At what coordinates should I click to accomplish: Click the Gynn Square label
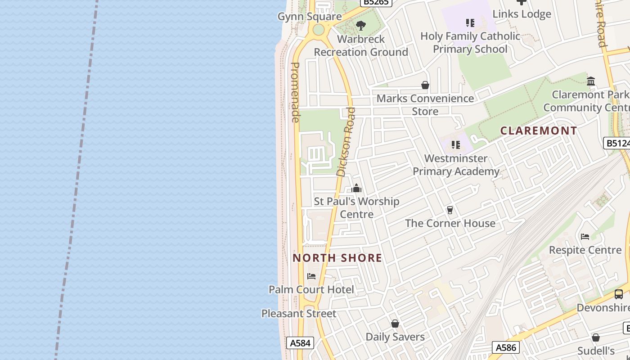point(310,17)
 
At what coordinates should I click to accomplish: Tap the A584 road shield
point(300,343)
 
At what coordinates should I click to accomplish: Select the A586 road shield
point(506,347)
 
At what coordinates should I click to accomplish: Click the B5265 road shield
point(377,2)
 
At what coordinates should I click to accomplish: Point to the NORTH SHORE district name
point(337,258)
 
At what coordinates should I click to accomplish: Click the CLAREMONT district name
point(539,130)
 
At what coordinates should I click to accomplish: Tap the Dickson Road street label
point(346,141)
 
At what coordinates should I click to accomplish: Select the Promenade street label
point(295,92)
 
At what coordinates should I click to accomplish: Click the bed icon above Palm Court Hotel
point(311,276)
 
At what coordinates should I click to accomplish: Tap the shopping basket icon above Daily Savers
point(395,324)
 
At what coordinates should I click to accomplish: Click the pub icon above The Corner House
point(449,210)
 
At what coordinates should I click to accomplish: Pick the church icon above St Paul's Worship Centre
point(356,188)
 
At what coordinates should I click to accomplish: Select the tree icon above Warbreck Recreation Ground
point(360,26)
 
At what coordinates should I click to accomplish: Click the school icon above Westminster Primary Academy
point(456,145)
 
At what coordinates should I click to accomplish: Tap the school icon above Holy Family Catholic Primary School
point(470,22)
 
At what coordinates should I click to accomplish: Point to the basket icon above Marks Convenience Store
point(425,85)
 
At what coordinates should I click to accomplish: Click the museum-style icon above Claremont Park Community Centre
point(591,81)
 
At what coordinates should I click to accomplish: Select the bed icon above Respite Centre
point(585,237)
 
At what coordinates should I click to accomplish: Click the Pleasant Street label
point(299,313)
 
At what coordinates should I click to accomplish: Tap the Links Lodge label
point(522,14)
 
